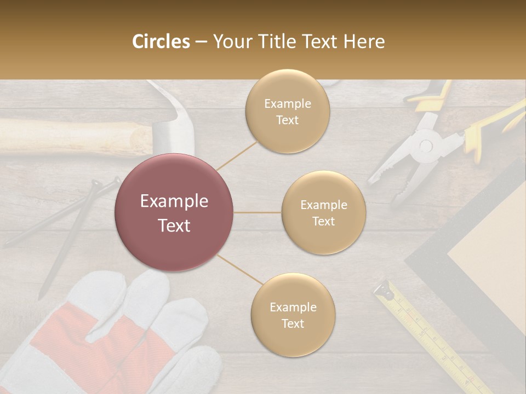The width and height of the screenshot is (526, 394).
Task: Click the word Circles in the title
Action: pos(161,42)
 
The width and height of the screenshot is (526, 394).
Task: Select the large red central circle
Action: pos(174,212)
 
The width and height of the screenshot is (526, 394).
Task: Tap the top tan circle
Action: pos(287,111)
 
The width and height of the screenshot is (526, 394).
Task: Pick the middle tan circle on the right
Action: pos(323,212)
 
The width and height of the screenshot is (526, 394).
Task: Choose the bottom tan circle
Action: pos(293,315)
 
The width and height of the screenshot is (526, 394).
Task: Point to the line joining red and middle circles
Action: pos(258,212)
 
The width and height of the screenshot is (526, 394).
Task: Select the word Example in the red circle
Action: pos(174,201)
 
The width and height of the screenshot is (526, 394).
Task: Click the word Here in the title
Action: pos(364,42)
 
